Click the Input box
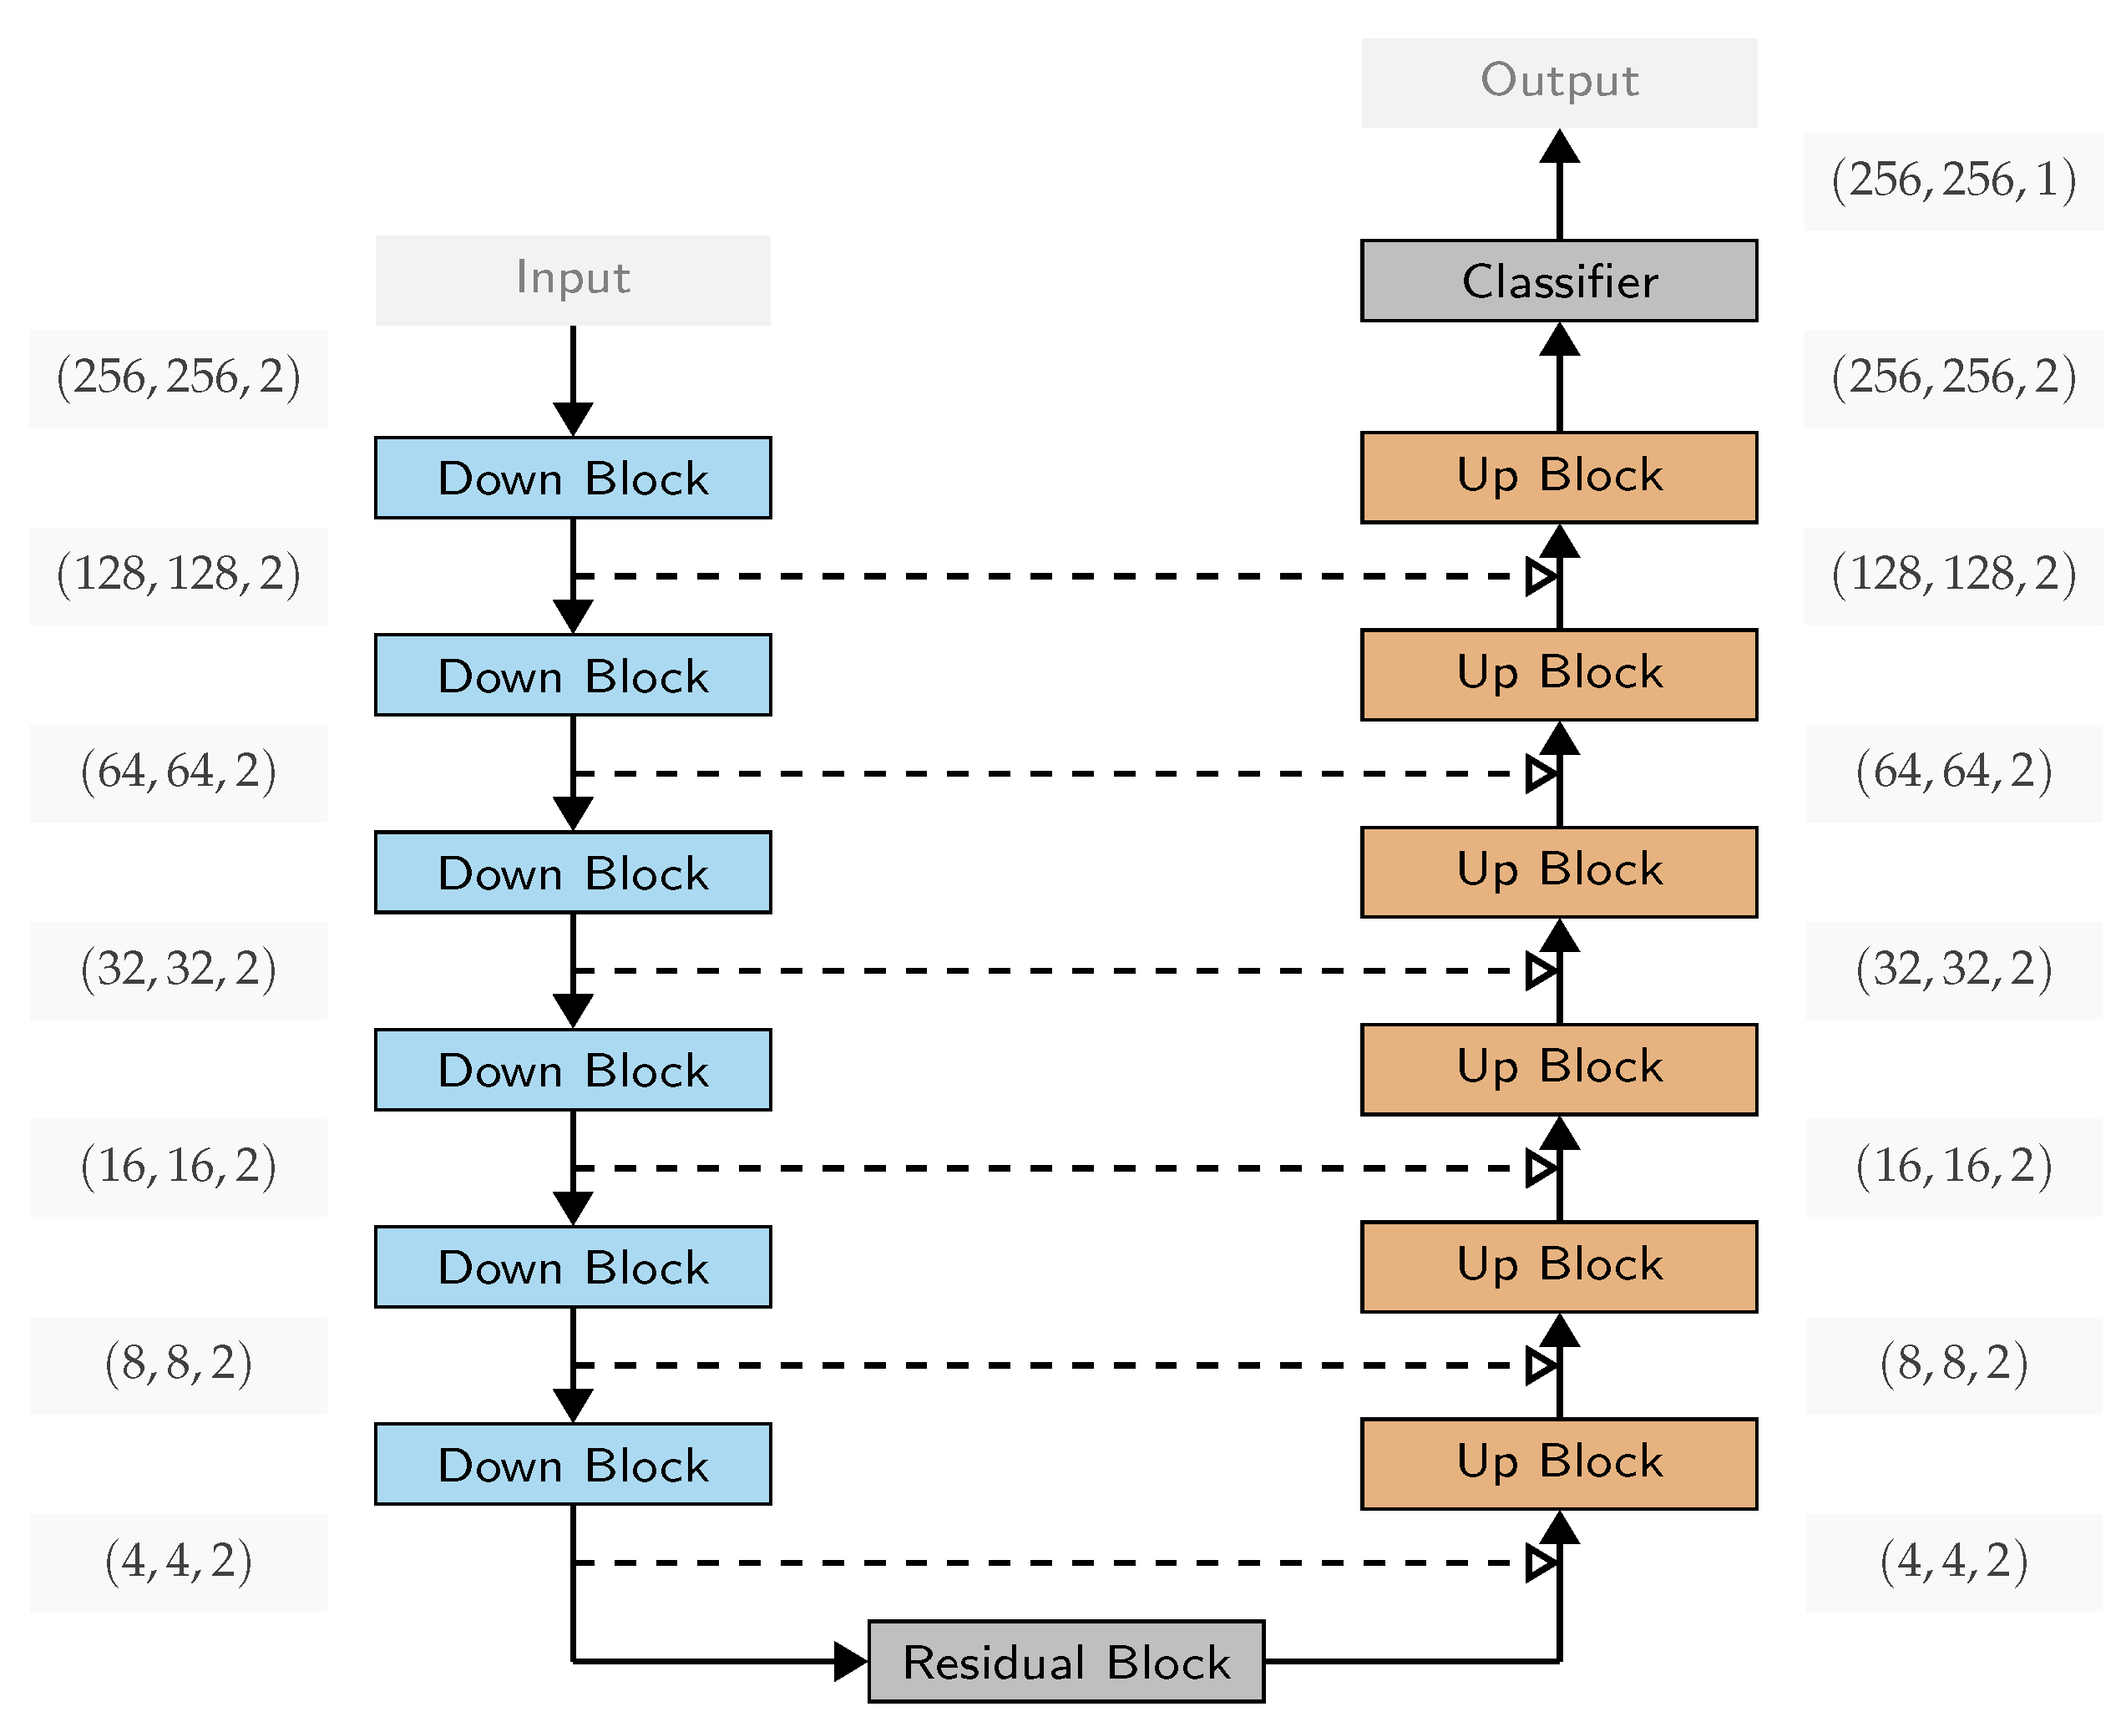point(572,280)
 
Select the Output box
point(1558,83)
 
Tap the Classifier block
point(1558,281)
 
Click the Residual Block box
point(1066,1661)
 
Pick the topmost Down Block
point(572,478)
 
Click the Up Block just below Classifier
point(1558,477)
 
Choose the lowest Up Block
point(1558,1462)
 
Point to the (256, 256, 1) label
point(1952,181)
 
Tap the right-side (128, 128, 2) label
point(1952,575)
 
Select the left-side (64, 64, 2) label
point(178,772)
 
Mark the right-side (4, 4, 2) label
point(1952,1562)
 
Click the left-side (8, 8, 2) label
point(178,1364)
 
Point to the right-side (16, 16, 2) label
point(1952,1167)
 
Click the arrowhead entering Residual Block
point(851,1661)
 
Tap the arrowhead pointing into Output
point(1558,146)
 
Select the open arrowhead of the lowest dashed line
point(1540,1562)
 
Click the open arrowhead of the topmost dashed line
point(1540,576)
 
